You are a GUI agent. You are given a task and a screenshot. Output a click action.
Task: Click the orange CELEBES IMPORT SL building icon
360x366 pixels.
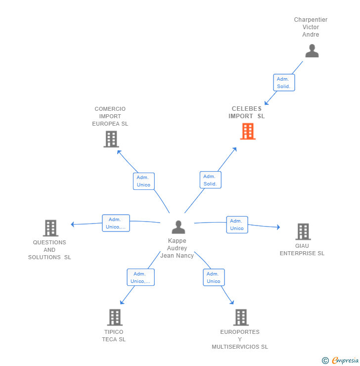point(248,132)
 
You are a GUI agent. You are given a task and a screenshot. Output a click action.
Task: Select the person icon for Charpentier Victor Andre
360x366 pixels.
point(312,50)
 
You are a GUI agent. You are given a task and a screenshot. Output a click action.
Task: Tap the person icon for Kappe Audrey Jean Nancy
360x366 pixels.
point(178,227)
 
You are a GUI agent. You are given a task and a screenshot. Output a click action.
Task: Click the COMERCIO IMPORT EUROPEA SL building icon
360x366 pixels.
point(111,139)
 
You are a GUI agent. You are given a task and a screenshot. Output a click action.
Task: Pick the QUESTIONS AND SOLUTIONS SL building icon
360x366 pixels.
point(50,228)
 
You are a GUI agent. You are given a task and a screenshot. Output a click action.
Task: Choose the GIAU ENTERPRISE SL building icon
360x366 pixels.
point(303,231)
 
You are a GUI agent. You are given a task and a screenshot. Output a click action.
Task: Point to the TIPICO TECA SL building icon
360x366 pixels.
point(115,318)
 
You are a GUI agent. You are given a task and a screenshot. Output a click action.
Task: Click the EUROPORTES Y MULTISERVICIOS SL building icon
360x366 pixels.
point(241,318)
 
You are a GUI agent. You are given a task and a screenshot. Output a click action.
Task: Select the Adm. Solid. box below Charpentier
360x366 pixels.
point(284,83)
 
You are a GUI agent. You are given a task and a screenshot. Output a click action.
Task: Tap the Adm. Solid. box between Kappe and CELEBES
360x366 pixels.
point(211,180)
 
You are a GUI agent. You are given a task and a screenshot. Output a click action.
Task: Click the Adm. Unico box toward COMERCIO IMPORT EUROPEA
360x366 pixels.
point(144,181)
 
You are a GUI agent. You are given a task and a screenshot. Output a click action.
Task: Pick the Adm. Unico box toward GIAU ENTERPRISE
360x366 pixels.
point(237,225)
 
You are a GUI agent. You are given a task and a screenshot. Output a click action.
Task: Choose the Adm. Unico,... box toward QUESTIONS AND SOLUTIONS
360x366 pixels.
point(116,223)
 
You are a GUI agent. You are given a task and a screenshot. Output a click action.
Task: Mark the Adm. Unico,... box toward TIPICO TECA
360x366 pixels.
point(141,277)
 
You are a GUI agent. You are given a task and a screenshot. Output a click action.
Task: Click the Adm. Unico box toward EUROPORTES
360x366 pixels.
point(214,277)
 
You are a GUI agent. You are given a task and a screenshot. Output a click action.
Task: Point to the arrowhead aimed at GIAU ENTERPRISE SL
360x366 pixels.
point(278,227)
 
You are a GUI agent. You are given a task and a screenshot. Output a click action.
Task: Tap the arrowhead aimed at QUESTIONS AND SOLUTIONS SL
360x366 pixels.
point(73,225)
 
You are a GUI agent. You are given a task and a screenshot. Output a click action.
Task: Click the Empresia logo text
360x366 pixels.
point(345,360)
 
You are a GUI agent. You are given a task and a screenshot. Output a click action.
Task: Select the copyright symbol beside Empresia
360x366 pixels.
point(325,361)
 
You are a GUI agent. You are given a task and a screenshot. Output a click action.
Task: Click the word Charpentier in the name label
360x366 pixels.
point(311,20)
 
